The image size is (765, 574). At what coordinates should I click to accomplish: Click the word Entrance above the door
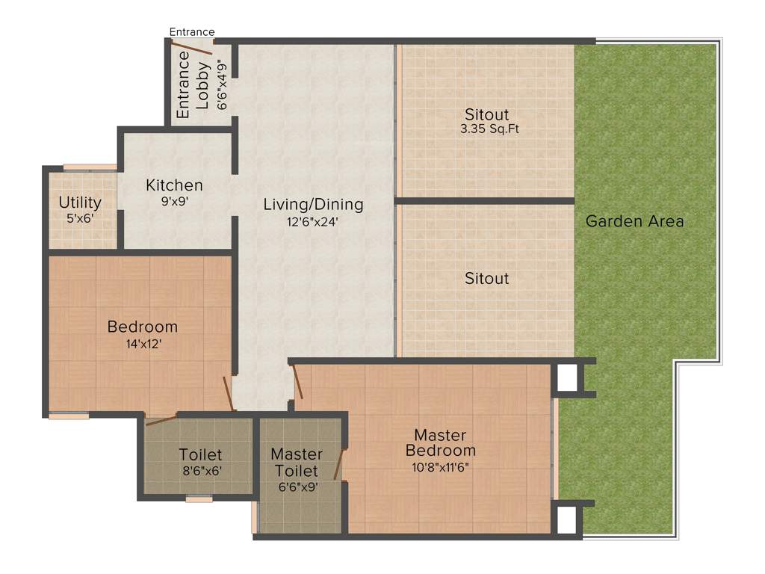(192, 31)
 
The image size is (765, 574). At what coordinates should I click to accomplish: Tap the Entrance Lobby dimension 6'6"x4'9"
(222, 84)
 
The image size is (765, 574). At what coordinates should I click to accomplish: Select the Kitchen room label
(174, 185)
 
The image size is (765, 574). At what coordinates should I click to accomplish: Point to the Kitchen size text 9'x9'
(174, 201)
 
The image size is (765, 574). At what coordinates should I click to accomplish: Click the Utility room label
(80, 203)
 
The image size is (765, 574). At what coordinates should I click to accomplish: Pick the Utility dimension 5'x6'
(80, 218)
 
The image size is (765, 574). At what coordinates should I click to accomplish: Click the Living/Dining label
(313, 204)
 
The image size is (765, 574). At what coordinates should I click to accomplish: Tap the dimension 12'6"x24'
(313, 220)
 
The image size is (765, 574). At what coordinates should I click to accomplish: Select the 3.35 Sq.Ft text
(489, 129)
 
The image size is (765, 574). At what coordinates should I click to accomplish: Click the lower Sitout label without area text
(486, 279)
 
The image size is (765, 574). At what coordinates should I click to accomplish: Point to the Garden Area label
(634, 221)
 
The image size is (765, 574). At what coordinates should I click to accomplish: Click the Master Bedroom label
(440, 442)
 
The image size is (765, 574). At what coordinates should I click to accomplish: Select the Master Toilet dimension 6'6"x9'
(297, 487)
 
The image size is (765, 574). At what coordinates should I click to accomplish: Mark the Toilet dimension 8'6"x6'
(200, 471)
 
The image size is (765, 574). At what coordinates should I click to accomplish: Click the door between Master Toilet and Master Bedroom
(339, 463)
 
